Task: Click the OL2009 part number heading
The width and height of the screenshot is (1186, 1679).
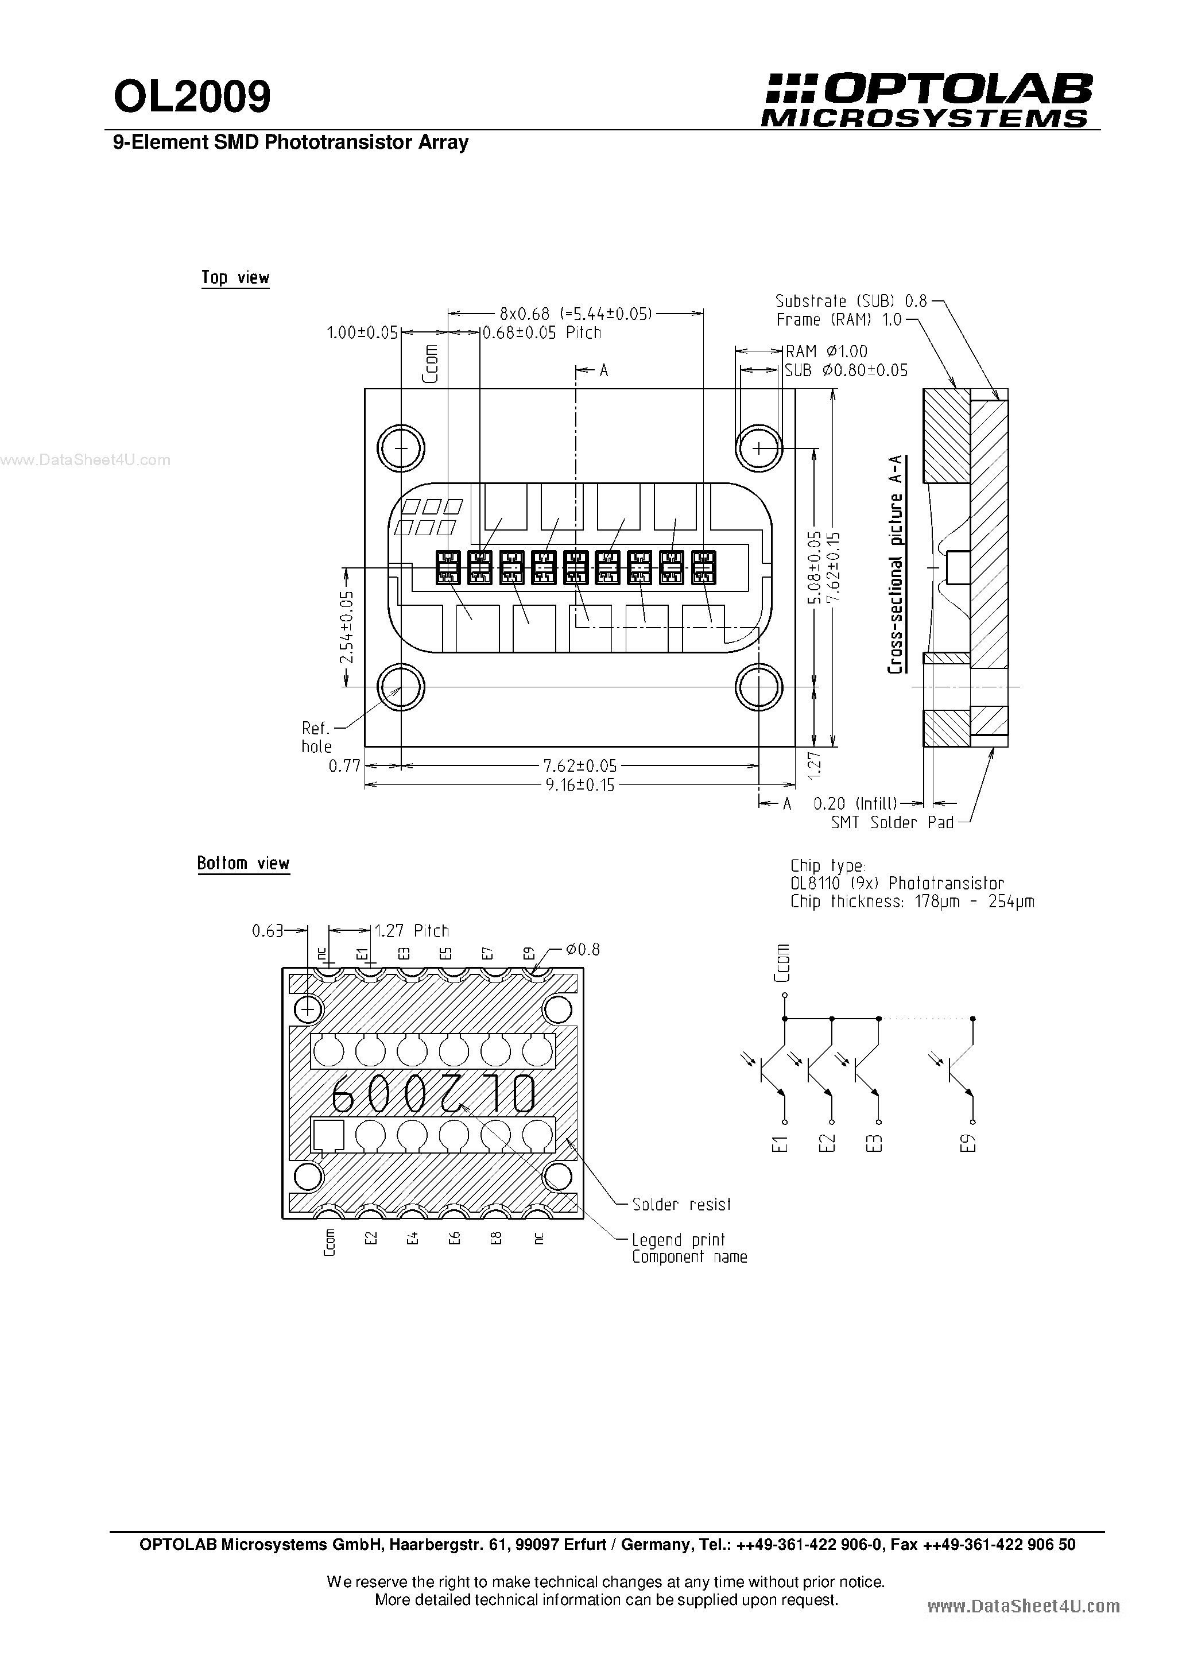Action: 192,96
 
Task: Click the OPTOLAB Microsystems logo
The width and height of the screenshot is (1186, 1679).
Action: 927,101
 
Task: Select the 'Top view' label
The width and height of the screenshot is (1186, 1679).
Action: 235,278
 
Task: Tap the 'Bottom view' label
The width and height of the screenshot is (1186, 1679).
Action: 243,863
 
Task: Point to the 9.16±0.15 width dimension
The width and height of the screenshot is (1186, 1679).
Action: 579,786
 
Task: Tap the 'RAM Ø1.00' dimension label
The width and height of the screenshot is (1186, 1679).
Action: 826,352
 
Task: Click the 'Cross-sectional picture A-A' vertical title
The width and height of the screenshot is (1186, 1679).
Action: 894,564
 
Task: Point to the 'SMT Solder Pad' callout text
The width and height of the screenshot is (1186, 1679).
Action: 893,823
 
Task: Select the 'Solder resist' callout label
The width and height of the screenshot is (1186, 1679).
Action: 681,1204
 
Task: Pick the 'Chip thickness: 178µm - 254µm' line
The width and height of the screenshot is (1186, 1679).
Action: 912,902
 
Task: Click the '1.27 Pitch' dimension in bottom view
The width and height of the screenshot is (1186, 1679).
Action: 412,931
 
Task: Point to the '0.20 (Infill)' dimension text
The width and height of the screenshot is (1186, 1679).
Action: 855,804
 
